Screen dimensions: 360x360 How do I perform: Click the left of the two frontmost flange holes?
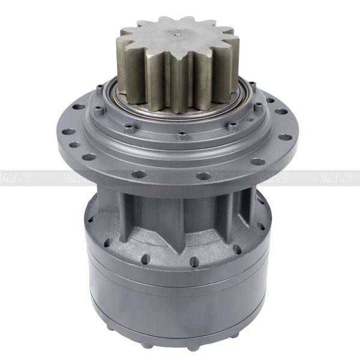tap(139, 175)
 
